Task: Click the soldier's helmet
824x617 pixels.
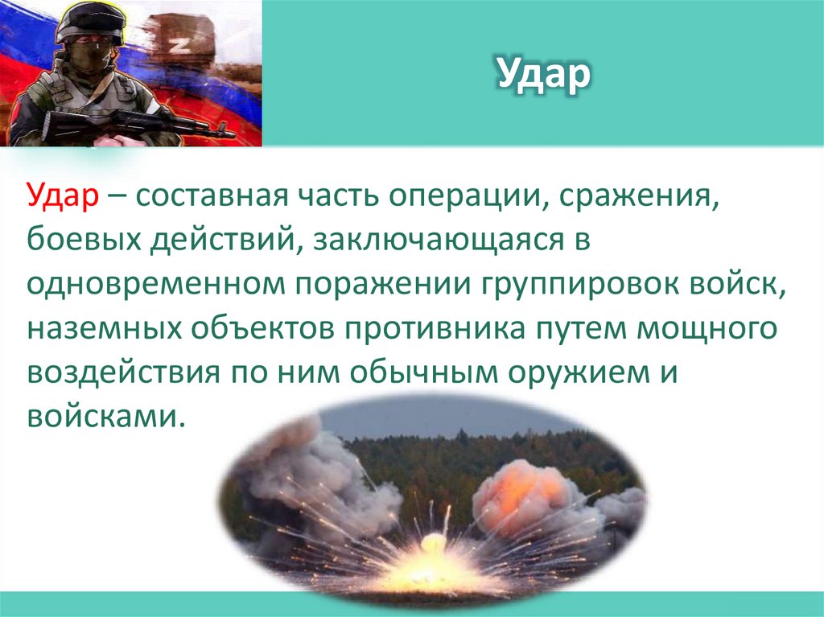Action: [x=89, y=21]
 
